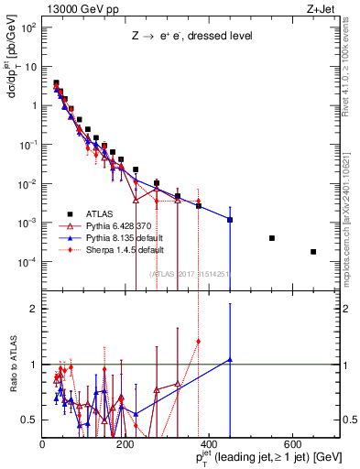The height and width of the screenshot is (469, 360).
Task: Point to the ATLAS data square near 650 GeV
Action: (313, 252)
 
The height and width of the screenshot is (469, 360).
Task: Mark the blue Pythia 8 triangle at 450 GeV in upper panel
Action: (230, 220)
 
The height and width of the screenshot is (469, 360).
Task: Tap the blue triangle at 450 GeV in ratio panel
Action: (230, 360)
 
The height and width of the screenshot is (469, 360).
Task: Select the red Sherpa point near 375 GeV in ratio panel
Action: (199, 341)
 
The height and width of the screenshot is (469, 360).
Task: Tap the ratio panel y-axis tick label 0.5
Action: (28, 420)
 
